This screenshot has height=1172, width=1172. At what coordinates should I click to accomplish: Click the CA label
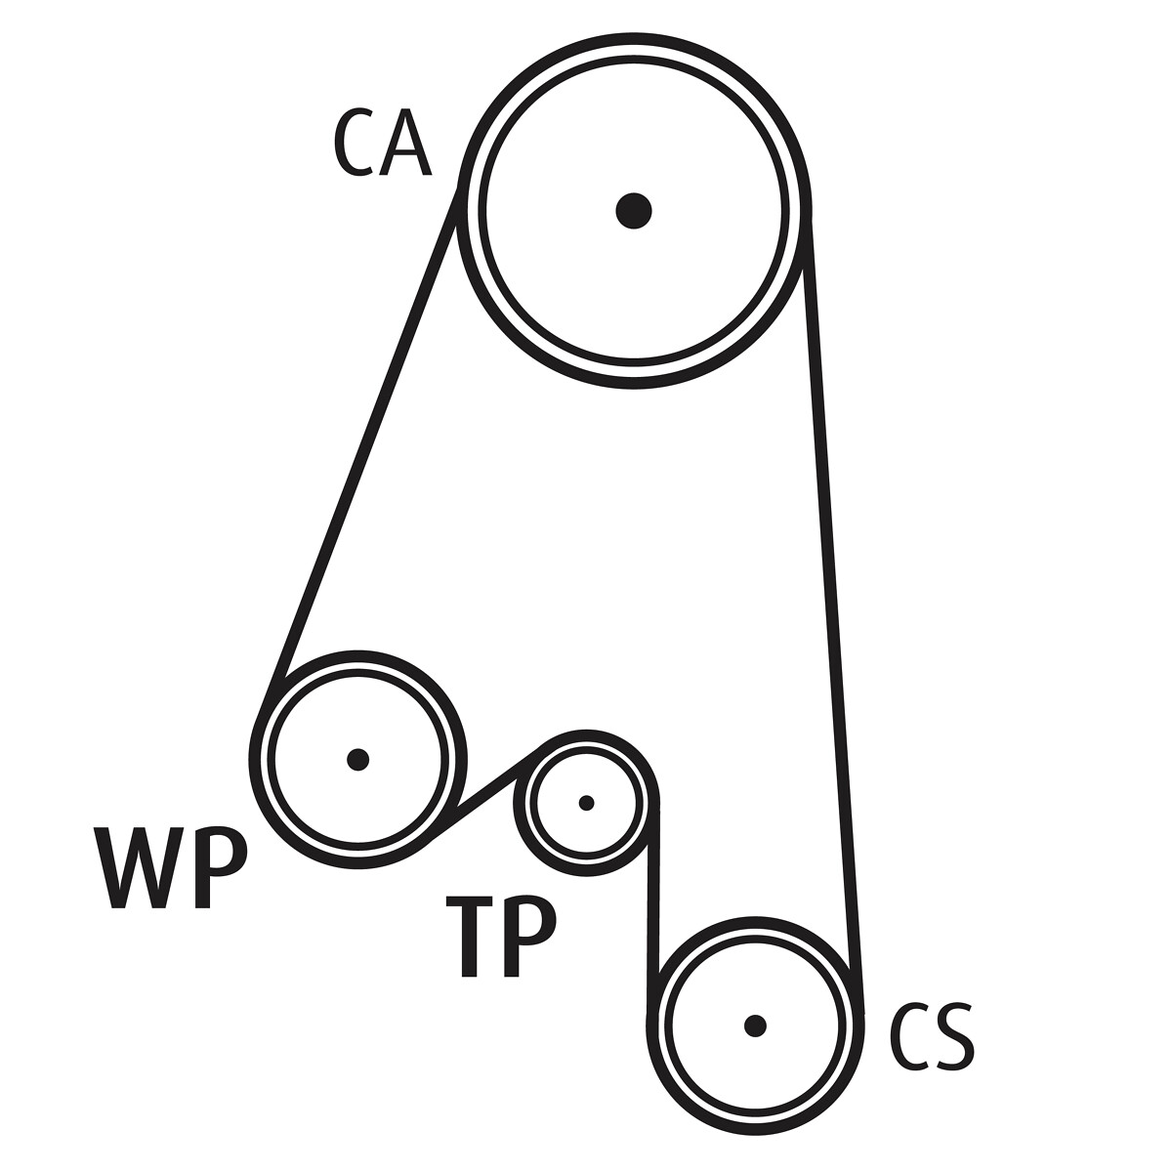click(x=382, y=143)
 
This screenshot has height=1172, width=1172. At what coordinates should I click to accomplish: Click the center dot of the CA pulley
click(x=634, y=209)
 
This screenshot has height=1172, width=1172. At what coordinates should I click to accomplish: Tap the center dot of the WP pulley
click(x=358, y=759)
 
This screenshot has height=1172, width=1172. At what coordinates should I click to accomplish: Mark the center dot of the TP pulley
click(x=586, y=803)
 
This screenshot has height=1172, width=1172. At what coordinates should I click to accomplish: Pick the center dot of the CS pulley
click(x=754, y=1025)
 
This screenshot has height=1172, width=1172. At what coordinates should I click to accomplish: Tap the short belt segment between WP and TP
click(x=485, y=793)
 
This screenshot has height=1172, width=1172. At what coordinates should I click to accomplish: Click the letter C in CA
click(x=356, y=143)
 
